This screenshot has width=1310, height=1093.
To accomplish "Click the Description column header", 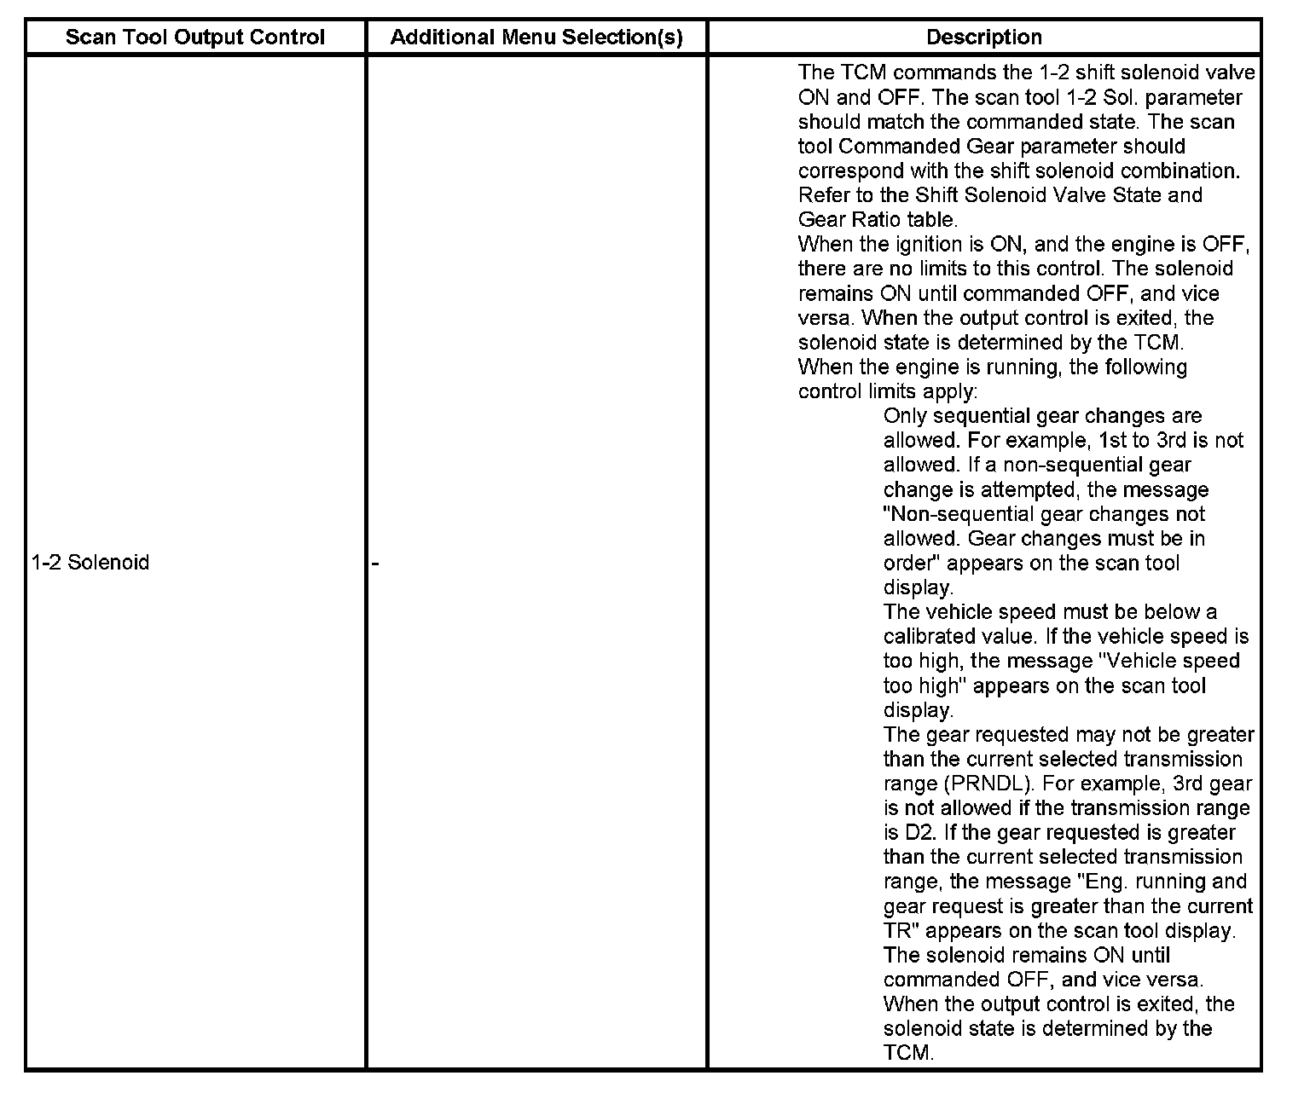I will point(983,38).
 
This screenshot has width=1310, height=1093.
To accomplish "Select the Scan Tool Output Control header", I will point(195,38).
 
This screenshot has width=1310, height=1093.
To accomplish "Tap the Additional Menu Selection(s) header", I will point(536,38).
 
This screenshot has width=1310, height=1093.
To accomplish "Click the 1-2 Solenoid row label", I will point(90,563).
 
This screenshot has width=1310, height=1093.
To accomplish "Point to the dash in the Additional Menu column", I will point(375,563).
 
